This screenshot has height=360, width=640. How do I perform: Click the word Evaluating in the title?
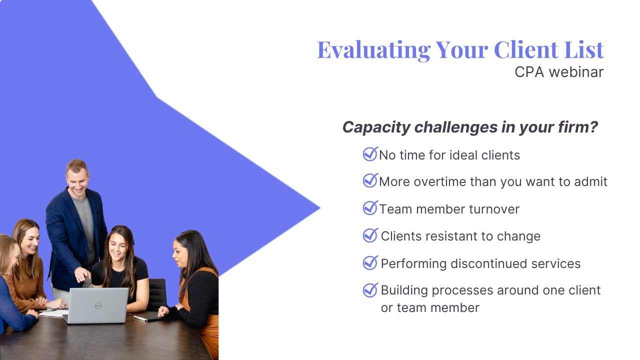pos(373,49)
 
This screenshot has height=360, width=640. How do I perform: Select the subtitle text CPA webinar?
pos(559,72)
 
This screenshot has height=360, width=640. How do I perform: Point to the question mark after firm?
pos(593,127)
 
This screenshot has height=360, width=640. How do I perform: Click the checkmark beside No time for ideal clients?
pos(370,154)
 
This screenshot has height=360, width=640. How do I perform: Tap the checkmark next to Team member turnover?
pos(370,208)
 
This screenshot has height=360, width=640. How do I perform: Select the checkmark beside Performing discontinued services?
pos(370,262)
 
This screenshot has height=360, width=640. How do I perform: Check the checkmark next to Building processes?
pos(370,289)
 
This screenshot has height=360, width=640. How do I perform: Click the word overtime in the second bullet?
pos(443,182)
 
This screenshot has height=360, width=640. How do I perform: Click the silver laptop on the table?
pos(97,305)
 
